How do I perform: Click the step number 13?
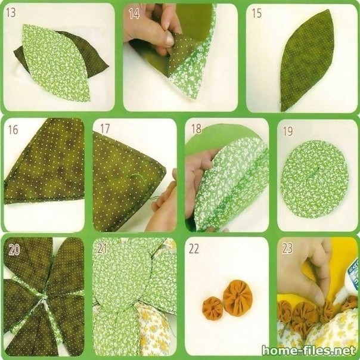[11, 13]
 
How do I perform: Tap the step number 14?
[134, 14]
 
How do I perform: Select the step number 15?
[257, 13]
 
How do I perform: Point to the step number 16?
[13, 130]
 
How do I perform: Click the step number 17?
[105, 129]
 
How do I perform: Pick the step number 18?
[197, 129]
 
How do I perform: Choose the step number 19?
[288, 131]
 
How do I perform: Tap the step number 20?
[14, 250]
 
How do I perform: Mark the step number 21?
[102, 249]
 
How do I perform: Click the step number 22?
[194, 249]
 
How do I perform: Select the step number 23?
[287, 248]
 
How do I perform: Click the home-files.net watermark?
[309, 350]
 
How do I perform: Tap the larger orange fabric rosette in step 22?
[237, 298]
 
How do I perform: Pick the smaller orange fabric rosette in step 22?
[213, 309]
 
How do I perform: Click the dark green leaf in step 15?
[306, 60]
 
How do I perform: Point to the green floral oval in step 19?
[315, 179]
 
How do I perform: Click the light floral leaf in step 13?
[57, 63]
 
